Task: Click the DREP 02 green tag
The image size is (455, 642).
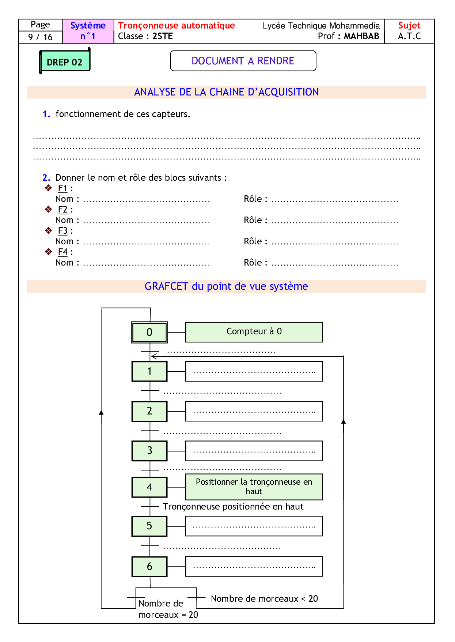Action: (65, 62)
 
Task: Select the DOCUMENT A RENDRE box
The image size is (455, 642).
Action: (243, 61)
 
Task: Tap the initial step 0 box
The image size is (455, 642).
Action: (149, 332)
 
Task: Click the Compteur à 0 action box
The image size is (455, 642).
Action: (254, 332)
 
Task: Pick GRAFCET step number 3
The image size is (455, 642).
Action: (149, 451)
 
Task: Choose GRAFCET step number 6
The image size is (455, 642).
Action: (149, 567)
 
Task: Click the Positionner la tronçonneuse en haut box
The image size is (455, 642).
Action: (254, 487)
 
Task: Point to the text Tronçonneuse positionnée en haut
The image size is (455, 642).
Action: (233, 507)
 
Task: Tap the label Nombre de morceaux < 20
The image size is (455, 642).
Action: (264, 599)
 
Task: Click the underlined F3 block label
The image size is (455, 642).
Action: (63, 231)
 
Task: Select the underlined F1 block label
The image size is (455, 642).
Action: (63, 188)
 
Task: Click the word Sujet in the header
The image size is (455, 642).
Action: (409, 26)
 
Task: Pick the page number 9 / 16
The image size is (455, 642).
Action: (40, 37)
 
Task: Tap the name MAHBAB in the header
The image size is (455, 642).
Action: (361, 36)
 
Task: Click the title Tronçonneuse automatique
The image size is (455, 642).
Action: (177, 26)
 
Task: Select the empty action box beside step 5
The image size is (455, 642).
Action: (254, 526)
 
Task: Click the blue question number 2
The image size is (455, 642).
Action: (46, 178)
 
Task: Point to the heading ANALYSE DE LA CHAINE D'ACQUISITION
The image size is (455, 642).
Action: (226, 92)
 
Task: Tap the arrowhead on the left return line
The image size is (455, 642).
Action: (101, 412)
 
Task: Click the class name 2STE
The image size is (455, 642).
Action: (163, 36)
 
